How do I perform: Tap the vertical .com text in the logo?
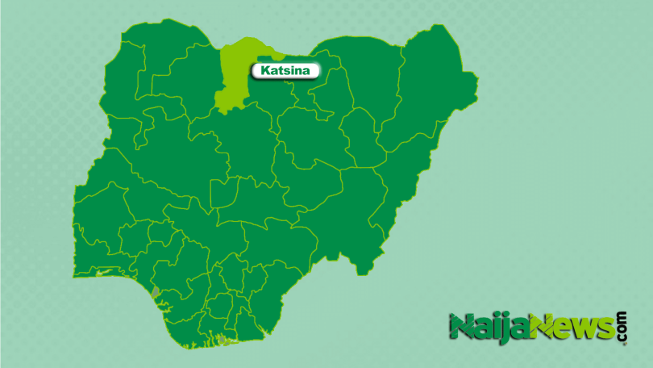click(x=622, y=327)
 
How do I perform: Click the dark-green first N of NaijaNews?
click(x=462, y=328)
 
